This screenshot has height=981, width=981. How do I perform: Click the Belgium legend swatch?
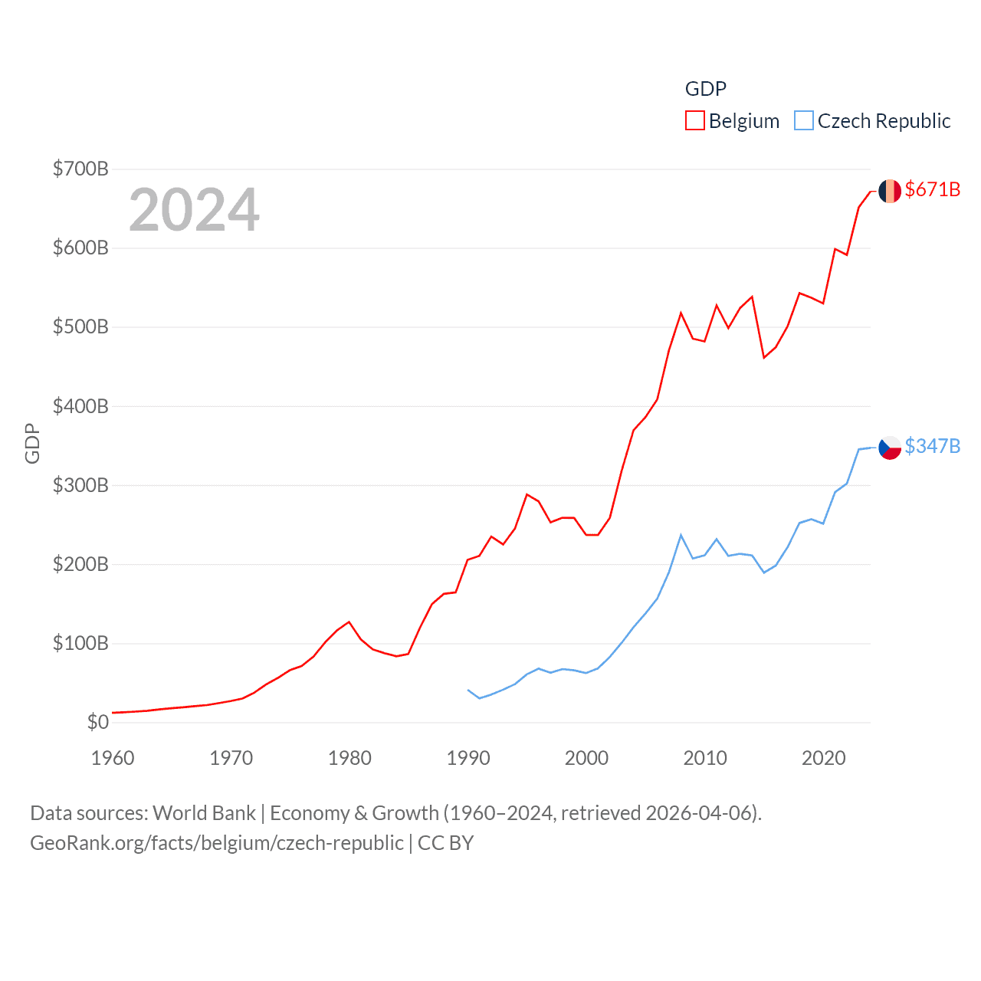694,121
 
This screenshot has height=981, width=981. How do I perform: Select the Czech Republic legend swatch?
803,121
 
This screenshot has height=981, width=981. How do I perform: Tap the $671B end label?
932,189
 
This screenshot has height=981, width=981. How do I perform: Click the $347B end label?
932,446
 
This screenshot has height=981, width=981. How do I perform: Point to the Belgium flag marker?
889,191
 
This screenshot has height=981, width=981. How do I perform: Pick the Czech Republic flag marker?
889,447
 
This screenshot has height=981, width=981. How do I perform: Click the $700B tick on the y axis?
80,169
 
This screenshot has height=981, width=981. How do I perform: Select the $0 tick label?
97,722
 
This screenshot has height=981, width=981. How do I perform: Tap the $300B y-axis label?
80,485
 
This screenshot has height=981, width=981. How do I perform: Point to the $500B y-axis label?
80,327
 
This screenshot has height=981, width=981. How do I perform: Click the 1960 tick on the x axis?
113,758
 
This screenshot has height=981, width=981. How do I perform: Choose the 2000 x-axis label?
586,758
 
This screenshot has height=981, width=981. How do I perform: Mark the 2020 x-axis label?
823,758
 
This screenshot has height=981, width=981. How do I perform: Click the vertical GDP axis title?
32,443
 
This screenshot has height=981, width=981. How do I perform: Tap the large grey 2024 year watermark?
194,210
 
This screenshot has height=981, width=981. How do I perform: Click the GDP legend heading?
705,89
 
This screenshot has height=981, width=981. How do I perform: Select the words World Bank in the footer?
204,812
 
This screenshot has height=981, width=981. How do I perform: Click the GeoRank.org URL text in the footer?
216,843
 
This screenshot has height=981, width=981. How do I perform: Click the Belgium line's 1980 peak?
349,622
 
